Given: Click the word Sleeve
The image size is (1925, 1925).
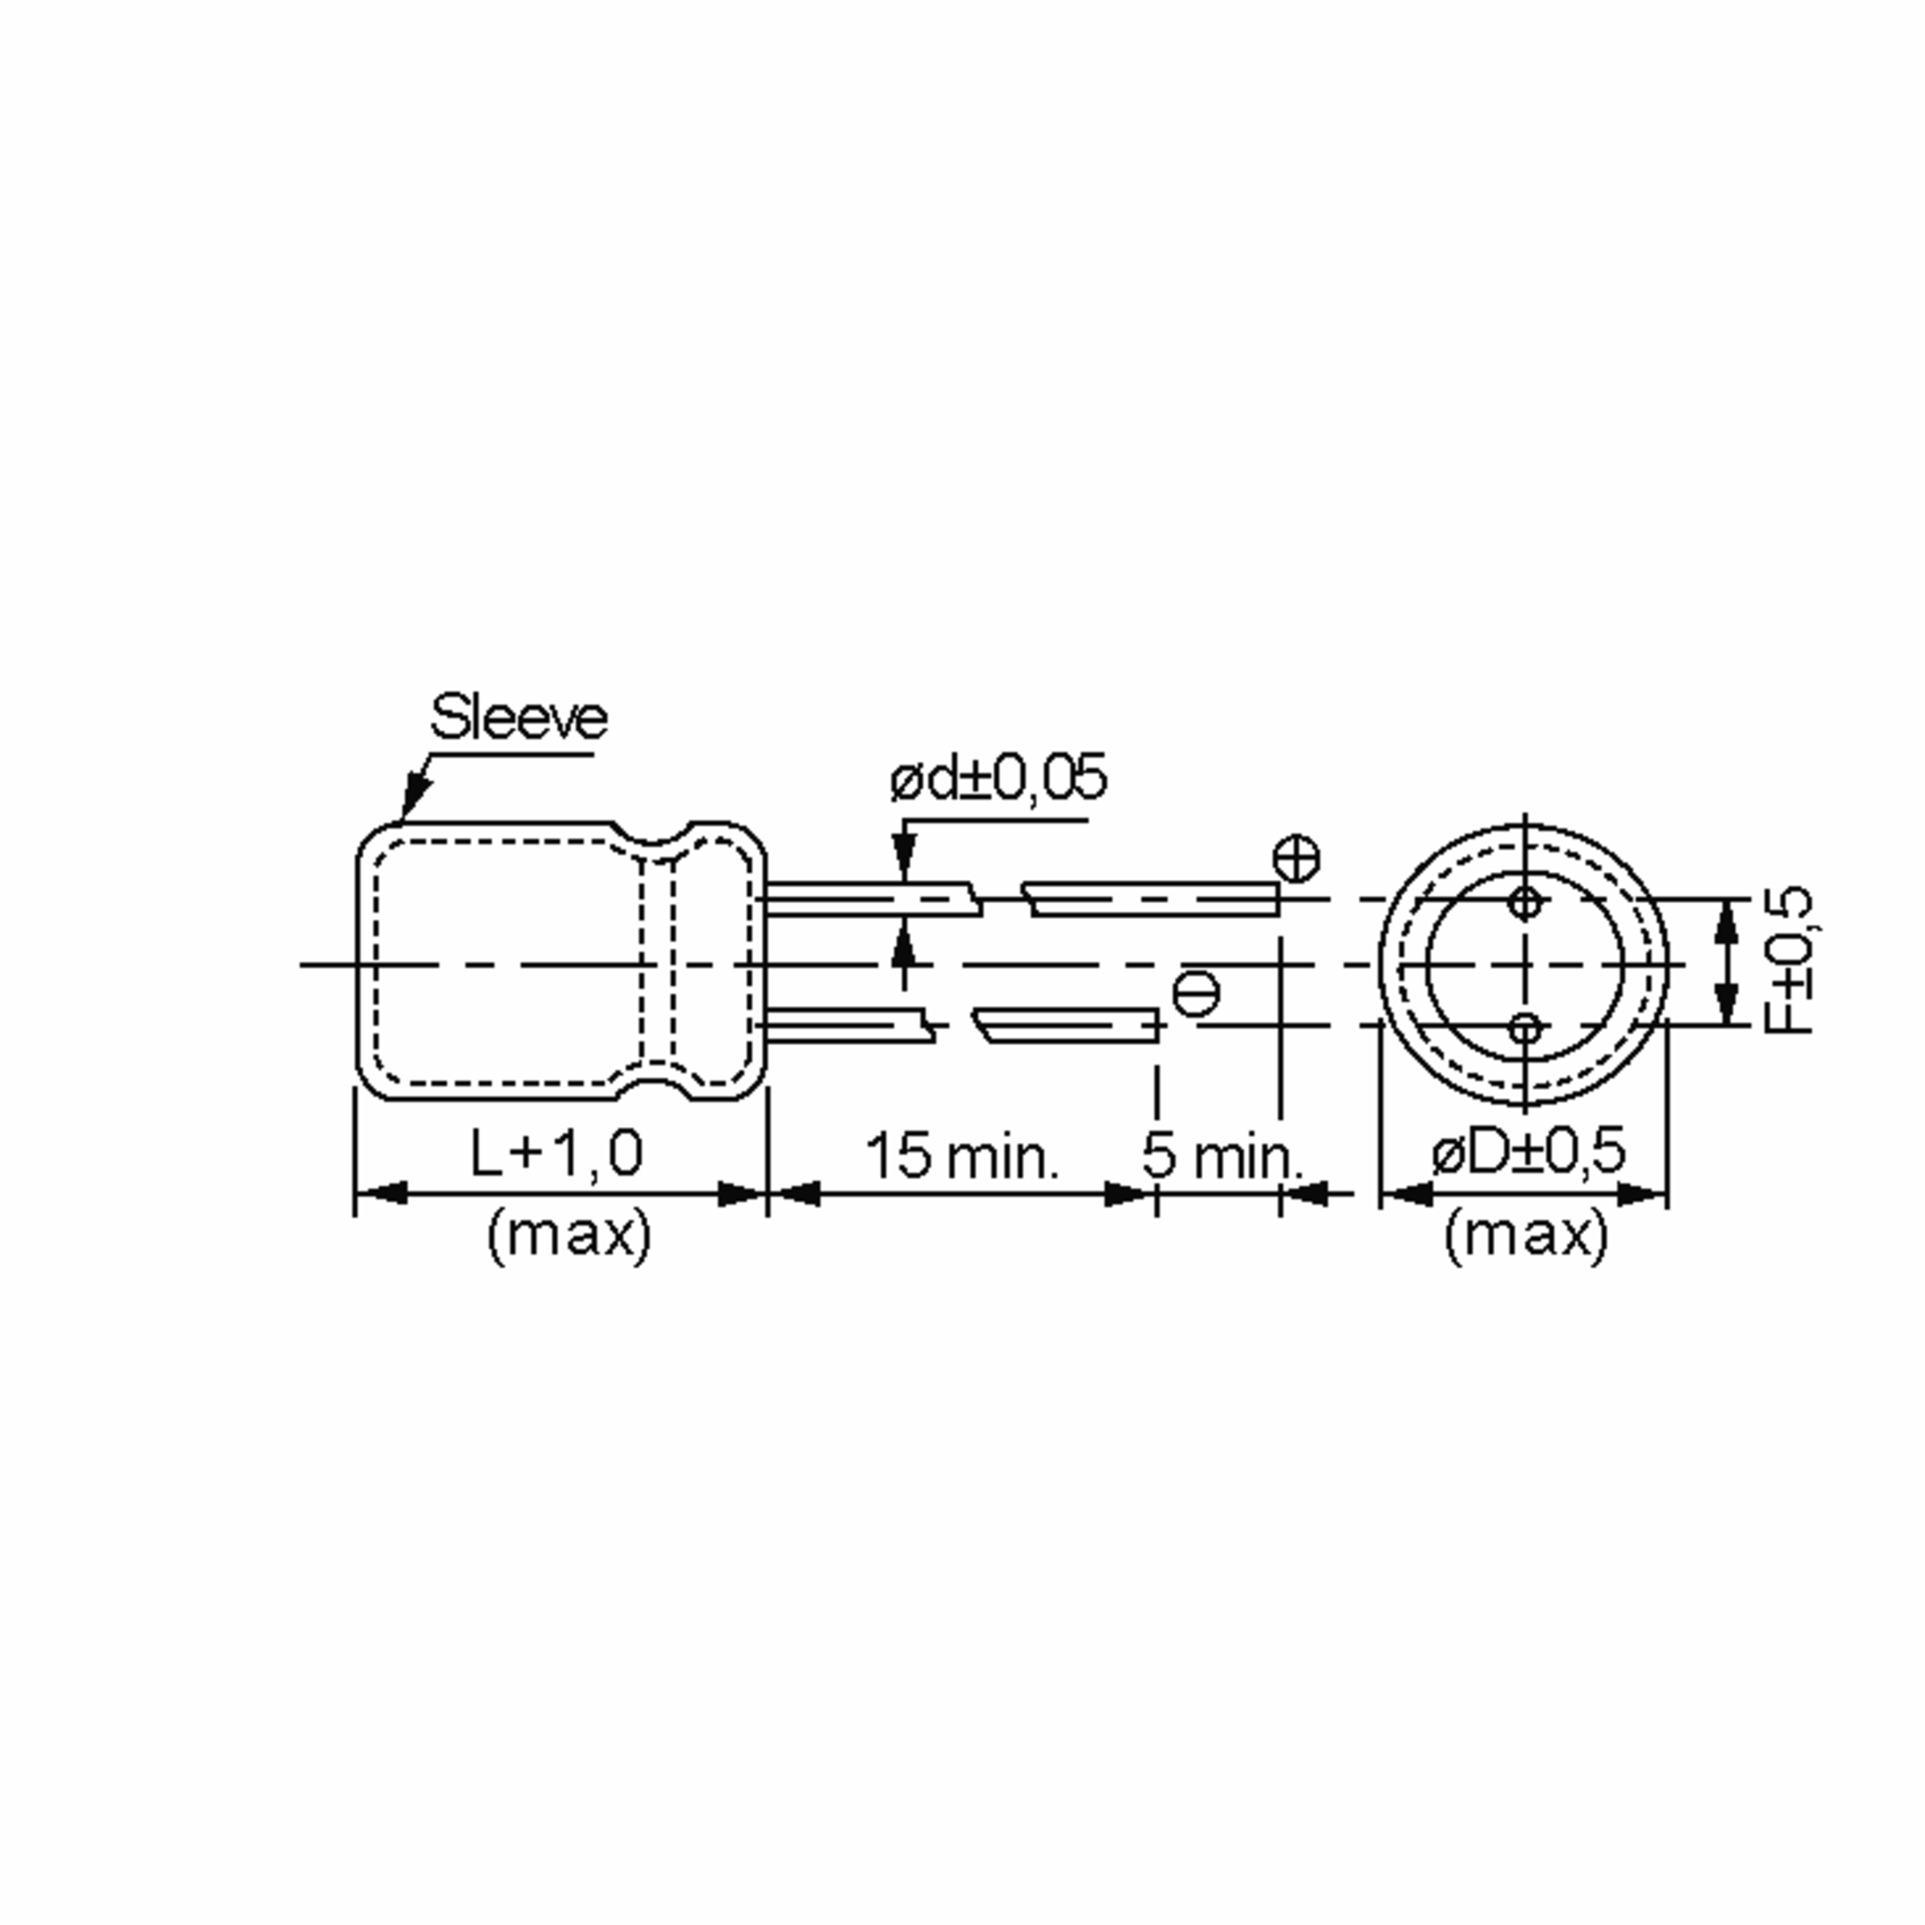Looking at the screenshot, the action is point(518,716).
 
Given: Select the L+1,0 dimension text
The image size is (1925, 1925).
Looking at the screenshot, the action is point(557,1154).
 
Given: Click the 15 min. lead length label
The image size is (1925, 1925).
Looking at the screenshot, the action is point(962,1156).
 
